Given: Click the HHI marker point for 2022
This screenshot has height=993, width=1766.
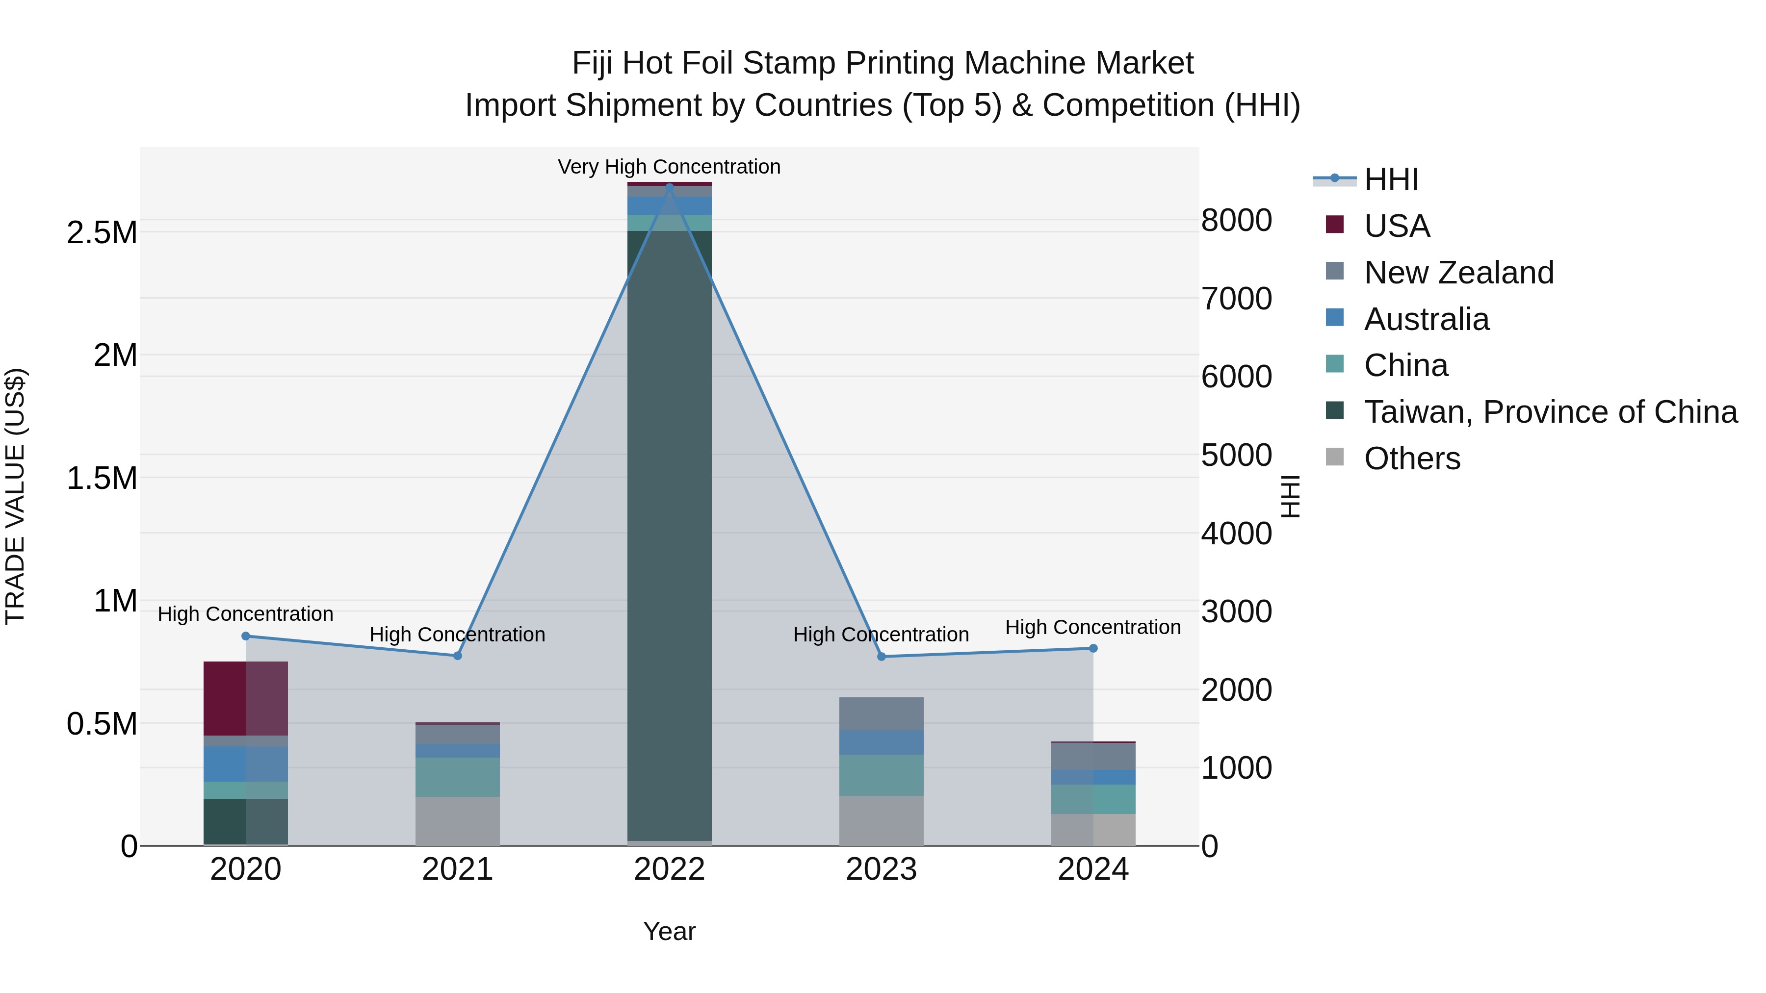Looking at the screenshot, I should point(670,186).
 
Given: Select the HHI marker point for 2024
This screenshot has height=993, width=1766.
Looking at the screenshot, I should point(1093,648).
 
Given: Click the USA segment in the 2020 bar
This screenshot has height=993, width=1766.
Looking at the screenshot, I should point(245,698).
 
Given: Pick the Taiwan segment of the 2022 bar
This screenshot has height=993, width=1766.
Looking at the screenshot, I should point(670,535).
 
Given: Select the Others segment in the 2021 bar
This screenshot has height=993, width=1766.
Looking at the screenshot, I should point(457,820).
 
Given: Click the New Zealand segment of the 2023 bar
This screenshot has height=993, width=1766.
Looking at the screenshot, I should point(881,714).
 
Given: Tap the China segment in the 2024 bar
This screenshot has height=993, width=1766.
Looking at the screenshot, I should point(1093,799).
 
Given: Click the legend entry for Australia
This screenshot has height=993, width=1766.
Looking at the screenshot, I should point(1426,319).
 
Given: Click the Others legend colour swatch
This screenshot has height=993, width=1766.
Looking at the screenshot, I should point(1335,457).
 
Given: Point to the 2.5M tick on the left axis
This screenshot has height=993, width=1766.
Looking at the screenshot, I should point(102,233).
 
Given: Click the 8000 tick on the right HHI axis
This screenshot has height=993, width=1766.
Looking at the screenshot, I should point(1236,221).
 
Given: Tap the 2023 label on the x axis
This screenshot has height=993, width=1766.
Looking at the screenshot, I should point(881,869).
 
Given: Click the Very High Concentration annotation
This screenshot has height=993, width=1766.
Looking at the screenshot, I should point(669,167).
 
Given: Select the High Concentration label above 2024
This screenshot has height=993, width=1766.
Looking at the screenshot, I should point(1093,627).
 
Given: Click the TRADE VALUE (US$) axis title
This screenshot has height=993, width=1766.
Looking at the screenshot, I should point(15,496).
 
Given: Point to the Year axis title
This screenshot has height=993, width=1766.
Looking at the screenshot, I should point(669,931).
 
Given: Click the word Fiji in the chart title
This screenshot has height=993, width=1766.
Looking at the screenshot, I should point(592,63).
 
